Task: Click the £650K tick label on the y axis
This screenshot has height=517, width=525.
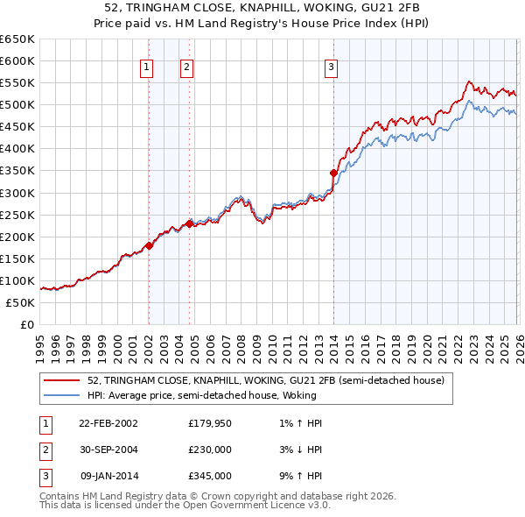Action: tap(17, 39)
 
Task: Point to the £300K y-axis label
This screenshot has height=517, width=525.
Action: tap(17, 193)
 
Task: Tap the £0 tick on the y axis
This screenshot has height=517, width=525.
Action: tap(27, 324)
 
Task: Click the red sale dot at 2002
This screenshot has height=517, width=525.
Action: tap(149, 245)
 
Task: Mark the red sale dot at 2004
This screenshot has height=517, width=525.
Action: tap(190, 223)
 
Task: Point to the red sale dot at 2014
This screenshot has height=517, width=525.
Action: tap(333, 173)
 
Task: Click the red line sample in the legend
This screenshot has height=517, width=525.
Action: tap(61, 381)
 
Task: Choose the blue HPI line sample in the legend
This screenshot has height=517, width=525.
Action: tap(61, 394)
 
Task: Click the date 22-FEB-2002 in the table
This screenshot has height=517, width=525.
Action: tap(108, 423)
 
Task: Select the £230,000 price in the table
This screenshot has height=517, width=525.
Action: tap(210, 450)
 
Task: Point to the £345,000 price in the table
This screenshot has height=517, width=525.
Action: tap(210, 477)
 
